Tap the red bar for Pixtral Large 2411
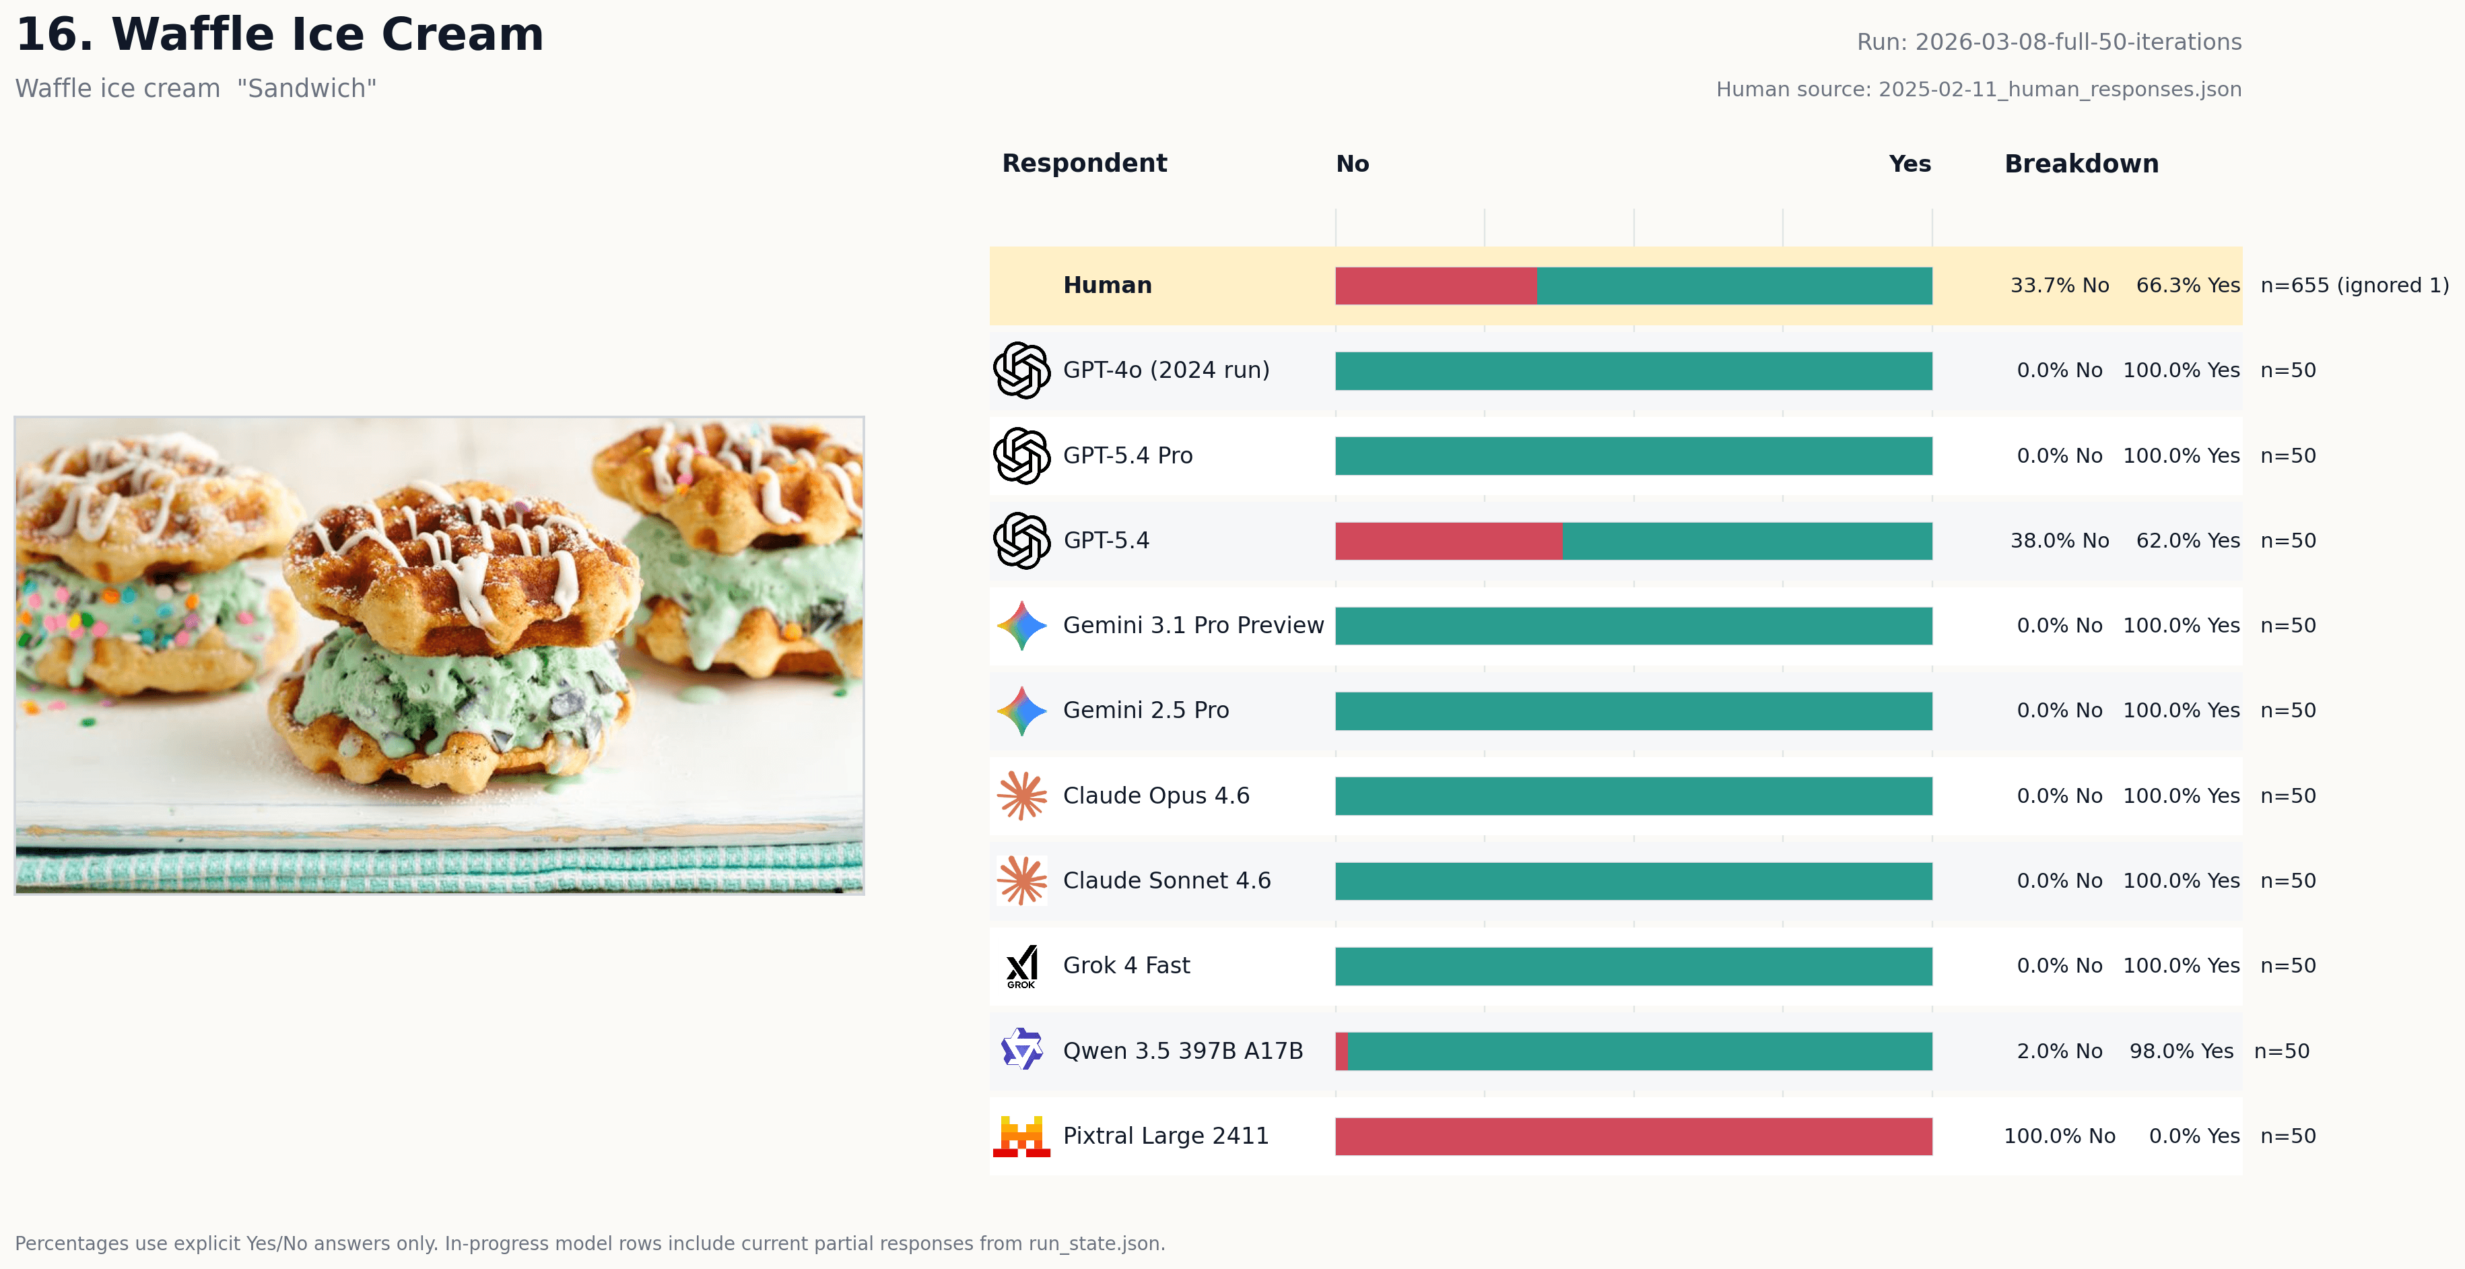point(1633,1136)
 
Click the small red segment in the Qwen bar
point(1342,1051)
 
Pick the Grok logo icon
point(1021,966)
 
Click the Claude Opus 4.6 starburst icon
point(1021,795)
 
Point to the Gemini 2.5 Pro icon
point(1021,710)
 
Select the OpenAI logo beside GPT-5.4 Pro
point(1021,455)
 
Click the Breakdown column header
point(2081,164)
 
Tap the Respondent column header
point(1083,164)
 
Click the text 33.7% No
point(2058,285)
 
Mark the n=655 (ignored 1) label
point(2353,285)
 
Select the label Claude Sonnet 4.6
point(1166,880)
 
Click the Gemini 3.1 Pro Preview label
point(1192,625)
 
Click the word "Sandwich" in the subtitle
point(306,89)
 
